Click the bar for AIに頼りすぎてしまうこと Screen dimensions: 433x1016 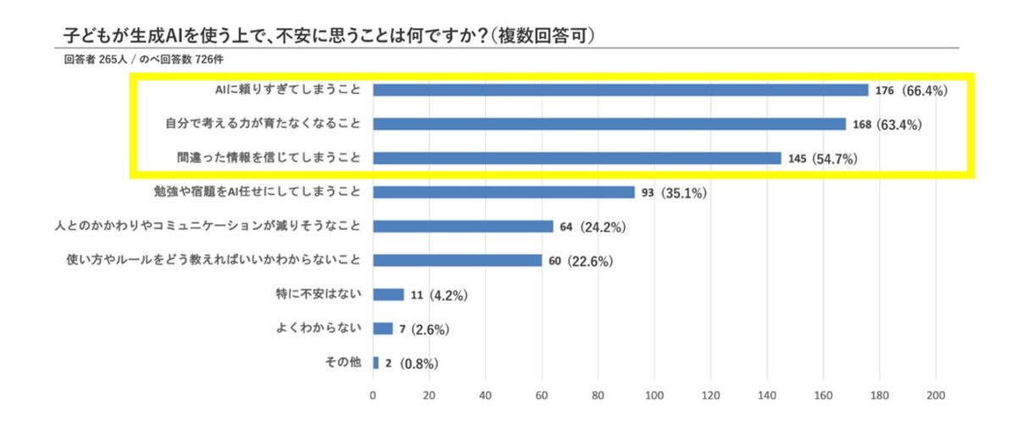click(x=620, y=90)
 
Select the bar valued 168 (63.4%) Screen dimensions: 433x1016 click(x=609, y=124)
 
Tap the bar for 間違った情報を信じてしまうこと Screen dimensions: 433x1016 click(x=577, y=158)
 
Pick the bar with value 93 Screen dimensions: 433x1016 click(x=503, y=192)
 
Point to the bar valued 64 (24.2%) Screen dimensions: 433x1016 click(x=462, y=227)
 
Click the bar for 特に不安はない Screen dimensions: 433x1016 click(x=388, y=294)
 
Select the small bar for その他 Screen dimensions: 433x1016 click(x=375, y=363)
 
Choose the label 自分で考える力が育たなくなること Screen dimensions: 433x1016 click(x=262, y=124)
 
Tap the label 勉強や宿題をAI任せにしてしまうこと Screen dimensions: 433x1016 click(x=257, y=192)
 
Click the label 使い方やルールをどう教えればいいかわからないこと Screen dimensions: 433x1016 click(x=213, y=260)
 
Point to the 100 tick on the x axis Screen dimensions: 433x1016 click(x=654, y=394)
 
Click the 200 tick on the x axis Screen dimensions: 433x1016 click(x=936, y=394)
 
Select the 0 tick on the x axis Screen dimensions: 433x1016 click(x=373, y=394)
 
